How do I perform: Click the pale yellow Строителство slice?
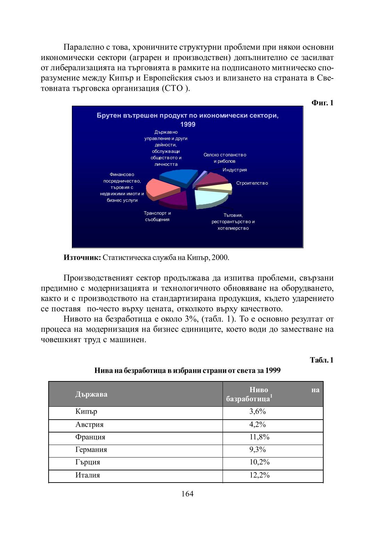pyautogui.click(x=217, y=187)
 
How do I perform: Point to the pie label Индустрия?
pyautogui.click(x=235, y=170)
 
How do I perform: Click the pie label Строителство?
pyautogui.click(x=252, y=183)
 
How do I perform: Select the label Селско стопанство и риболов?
pyautogui.click(x=225, y=158)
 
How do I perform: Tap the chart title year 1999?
pyautogui.click(x=188, y=124)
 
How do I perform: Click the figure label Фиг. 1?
pyautogui.click(x=322, y=103)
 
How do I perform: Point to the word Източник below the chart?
pyautogui.click(x=82, y=258)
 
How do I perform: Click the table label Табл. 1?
pyautogui.click(x=322, y=360)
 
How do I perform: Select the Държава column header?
pyautogui.click(x=91, y=394)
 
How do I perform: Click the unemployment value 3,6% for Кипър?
pyautogui.click(x=258, y=412)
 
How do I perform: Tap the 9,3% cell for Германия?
pyautogui.click(x=258, y=450)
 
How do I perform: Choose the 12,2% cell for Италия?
pyautogui.click(x=259, y=475)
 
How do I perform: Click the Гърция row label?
pyautogui.click(x=88, y=462)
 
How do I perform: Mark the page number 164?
pyautogui.click(x=187, y=494)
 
